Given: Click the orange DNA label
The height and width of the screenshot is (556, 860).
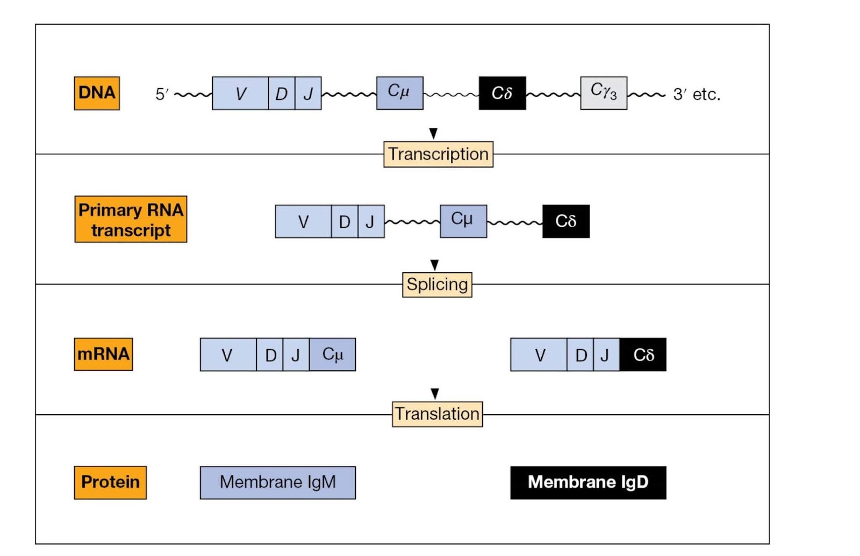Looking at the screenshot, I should pyautogui.click(x=97, y=93).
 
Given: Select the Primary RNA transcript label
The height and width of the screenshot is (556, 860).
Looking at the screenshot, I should pyautogui.click(x=131, y=219).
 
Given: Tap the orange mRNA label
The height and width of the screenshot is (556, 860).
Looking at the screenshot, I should pyautogui.click(x=103, y=354).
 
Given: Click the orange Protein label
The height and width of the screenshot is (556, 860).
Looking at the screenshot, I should pyautogui.click(x=110, y=482).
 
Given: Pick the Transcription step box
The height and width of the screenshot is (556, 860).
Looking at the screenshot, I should pyautogui.click(x=438, y=154).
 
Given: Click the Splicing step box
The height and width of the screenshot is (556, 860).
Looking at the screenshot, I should pyautogui.click(x=437, y=284).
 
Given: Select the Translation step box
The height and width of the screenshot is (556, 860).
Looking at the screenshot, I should pyautogui.click(x=437, y=414).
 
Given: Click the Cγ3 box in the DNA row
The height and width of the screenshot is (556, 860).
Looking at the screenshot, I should pyautogui.click(x=603, y=93).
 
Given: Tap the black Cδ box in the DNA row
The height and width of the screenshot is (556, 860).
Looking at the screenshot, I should pyautogui.click(x=502, y=93).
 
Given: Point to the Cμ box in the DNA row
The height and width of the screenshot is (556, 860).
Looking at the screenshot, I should pyautogui.click(x=399, y=93).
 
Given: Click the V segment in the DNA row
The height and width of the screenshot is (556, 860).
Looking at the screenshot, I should pyautogui.click(x=240, y=93).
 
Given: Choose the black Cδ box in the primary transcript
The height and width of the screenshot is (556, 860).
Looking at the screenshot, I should pyautogui.click(x=565, y=221).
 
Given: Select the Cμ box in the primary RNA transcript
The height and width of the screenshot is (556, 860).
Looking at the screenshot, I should pyautogui.click(x=463, y=221).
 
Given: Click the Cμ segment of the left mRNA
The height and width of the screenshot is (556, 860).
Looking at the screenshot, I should pyautogui.click(x=332, y=355).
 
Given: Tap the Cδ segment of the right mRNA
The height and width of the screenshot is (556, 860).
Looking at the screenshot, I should pyautogui.click(x=643, y=355).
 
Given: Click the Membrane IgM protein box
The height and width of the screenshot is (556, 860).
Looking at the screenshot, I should pyautogui.click(x=277, y=482).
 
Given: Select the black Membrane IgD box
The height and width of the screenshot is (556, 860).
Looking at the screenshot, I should pyautogui.click(x=588, y=482).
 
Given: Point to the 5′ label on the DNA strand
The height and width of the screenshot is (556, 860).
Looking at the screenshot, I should pyautogui.click(x=162, y=95).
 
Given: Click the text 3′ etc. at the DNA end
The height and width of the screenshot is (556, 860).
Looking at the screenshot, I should pyautogui.click(x=697, y=95).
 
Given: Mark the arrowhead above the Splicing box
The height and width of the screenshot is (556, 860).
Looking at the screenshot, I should pyautogui.click(x=435, y=265).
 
